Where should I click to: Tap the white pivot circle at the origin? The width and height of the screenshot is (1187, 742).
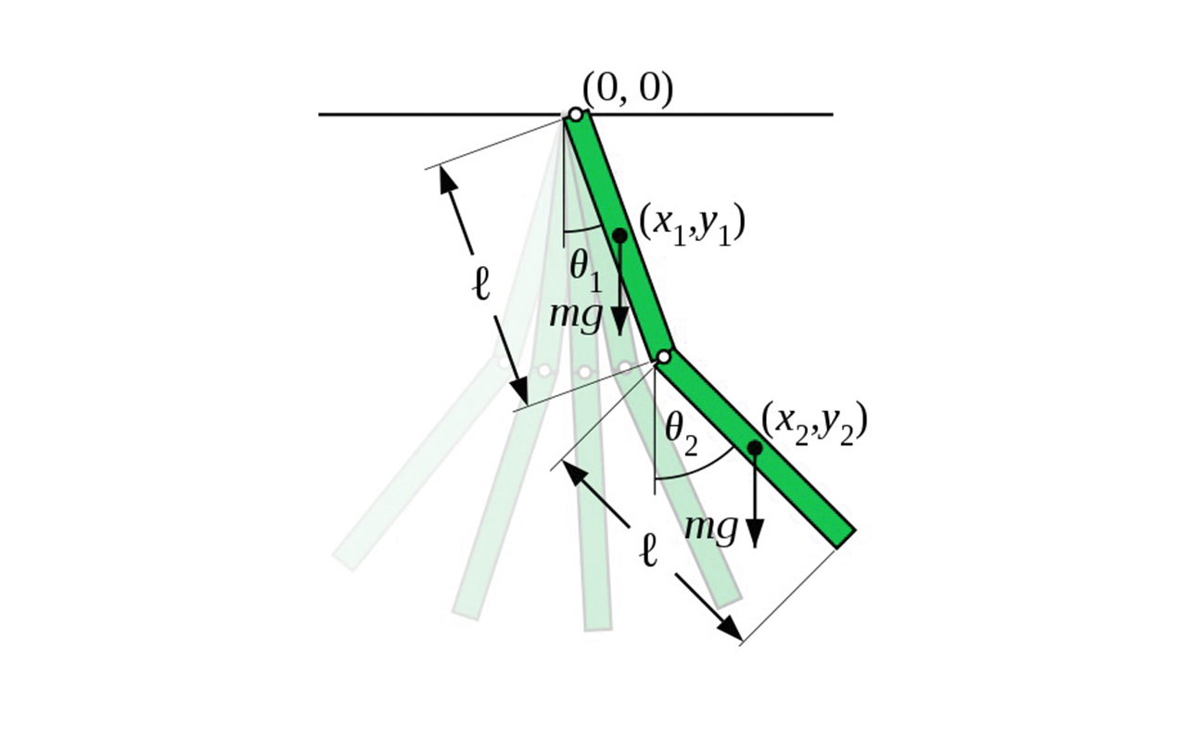(x=576, y=114)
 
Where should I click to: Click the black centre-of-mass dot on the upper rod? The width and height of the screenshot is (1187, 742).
(x=619, y=236)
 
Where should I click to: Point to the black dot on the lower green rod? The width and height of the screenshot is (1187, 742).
(x=755, y=448)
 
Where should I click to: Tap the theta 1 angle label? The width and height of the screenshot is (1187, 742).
(x=586, y=272)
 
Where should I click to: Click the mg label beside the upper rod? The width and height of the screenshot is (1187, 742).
(x=576, y=317)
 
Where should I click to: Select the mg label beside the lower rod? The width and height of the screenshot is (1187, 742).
(x=710, y=529)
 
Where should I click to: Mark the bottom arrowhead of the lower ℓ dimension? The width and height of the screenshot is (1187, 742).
(x=730, y=629)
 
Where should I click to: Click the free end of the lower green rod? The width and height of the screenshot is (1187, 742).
(x=846, y=539)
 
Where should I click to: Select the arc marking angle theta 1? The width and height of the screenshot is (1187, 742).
(x=583, y=230)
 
